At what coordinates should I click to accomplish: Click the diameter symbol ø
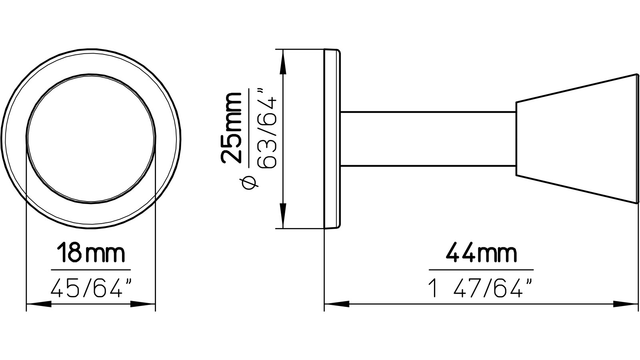248,182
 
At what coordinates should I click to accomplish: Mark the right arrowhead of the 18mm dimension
143,305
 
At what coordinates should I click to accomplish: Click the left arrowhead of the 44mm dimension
336,305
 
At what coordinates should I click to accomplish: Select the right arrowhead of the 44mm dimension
626,305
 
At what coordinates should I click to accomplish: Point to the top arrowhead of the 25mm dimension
283,62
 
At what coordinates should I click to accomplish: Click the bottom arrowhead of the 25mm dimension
283,216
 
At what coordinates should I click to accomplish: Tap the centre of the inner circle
91,139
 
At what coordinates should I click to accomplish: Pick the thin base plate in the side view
332,139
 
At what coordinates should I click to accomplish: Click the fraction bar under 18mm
91,270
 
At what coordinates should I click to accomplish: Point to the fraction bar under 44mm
481,270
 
